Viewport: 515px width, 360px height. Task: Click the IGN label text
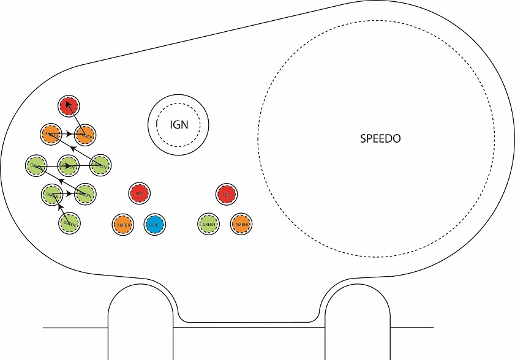point(179,125)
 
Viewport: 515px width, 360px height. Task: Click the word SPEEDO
point(380,138)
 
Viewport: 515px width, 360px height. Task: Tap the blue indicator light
point(154,224)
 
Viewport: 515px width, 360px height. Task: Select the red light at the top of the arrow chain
point(69,107)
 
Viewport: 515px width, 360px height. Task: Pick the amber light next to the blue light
point(122,224)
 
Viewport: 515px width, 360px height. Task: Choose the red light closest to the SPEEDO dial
point(227,195)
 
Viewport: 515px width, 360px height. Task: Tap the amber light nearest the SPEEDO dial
point(241,224)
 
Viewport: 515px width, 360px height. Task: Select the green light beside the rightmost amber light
point(209,224)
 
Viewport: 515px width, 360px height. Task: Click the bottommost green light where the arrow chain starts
point(69,223)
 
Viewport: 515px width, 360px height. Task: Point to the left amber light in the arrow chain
point(50,133)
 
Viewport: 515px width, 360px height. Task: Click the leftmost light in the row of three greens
point(35,165)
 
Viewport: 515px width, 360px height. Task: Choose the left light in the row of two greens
point(51,194)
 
